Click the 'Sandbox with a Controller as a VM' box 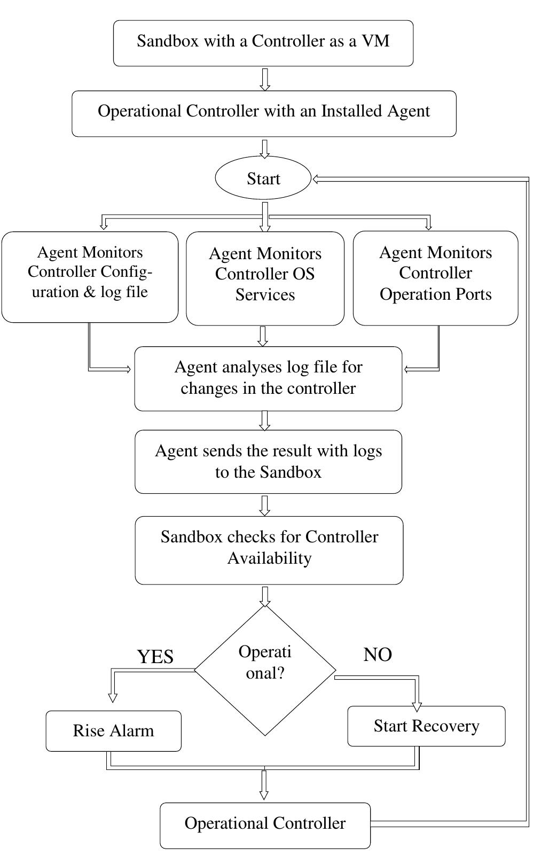click(263, 43)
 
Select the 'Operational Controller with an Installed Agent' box click(264, 113)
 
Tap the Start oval click(263, 178)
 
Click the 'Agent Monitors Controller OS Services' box click(265, 278)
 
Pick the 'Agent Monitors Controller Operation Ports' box click(435, 278)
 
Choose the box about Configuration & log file click(90, 277)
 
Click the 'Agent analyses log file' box click(268, 378)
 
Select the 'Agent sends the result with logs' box click(268, 462)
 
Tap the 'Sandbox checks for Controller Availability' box click(269, 550)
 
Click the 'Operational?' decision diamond click(265, 671)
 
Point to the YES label click(155, 657)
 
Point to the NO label click(378, 655)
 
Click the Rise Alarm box click(113, 731)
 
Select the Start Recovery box click(426, 726)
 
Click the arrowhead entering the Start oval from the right click(316, 180)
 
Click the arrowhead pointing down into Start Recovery click(417, 707)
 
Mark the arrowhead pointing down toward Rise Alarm click(112, 697)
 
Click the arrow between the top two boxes click(264, 79)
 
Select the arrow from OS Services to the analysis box click(262, 336)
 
